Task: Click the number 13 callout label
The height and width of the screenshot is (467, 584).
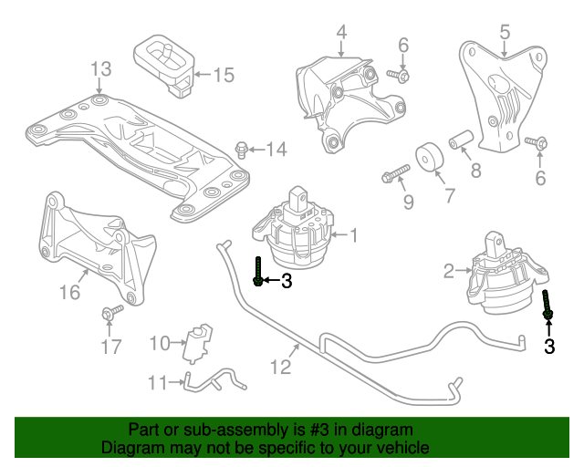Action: [100, 68]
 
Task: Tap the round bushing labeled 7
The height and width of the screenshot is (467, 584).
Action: [426, 160]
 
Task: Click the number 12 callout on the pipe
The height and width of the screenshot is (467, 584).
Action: [280, 367]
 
